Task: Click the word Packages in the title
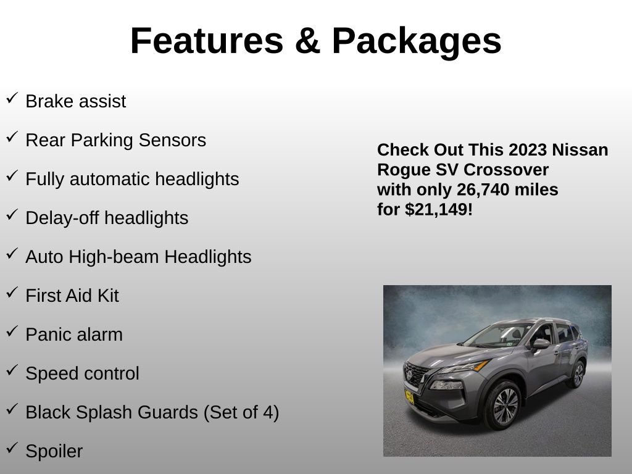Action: click(x=417, y=41)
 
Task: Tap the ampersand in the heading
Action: click(x=307, y=41)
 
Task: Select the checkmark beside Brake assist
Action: click(x=12, y=99)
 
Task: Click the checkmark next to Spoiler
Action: click(x=12, y=449)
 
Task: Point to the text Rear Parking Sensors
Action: click(x=115, y=140)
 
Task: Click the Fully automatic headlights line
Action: click(x=132, y=179)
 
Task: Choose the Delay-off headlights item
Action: click(x=107, y=218)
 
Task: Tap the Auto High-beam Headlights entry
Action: click(x=138, y=257)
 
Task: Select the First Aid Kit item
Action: click(x=72, y=296)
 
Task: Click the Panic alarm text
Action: click(x=74, y=335)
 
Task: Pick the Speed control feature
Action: click(x=82, y=373)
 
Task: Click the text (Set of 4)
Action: click(x=241, y=412)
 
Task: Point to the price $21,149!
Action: click(x=439, y=210)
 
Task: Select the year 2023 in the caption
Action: click(x=528, y=150)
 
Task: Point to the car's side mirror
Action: click(x=540, y=343)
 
